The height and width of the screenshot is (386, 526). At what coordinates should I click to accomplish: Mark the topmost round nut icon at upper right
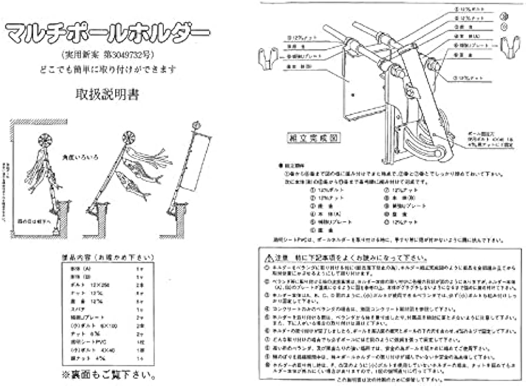click(504, 16)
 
